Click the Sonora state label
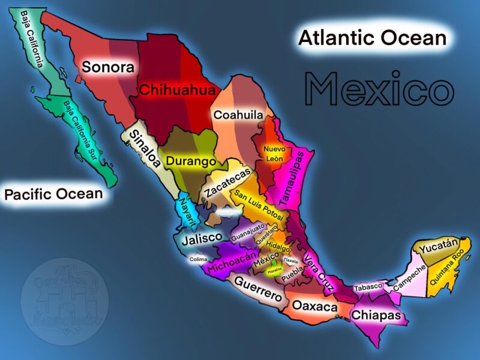pos(108,67)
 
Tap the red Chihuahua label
pos(169,91)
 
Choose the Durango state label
pos(191,161)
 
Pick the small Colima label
pos(198,259)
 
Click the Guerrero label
pos(258,289)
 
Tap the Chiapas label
pos(376,314)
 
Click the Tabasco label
pos(368,287)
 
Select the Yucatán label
pos(439,246)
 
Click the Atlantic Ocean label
pos(372,38)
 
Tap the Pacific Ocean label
pos(53,194)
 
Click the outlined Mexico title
pos(379,89)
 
